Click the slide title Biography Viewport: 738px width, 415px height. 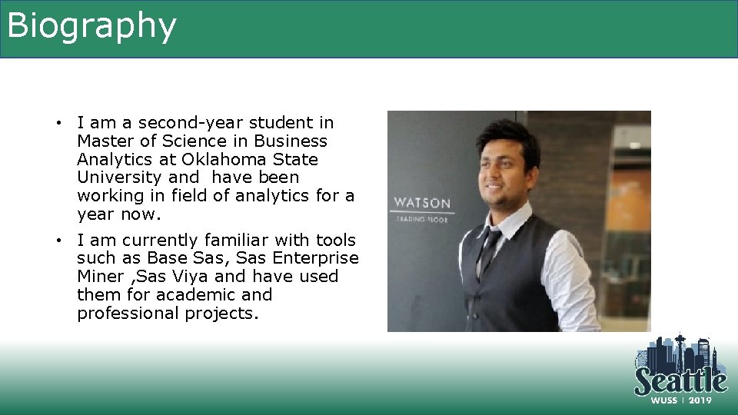click(91, 26)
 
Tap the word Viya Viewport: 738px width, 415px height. click(190, 277)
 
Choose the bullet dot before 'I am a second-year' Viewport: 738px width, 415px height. click(58, 123)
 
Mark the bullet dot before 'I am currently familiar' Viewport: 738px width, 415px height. click(58, 241)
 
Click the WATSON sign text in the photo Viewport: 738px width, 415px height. click(423, 204)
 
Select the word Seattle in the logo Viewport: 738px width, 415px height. click(680, 380)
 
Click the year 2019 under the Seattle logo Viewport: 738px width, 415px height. click(700, 400)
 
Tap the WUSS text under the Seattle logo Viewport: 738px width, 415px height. click(665, 400)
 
